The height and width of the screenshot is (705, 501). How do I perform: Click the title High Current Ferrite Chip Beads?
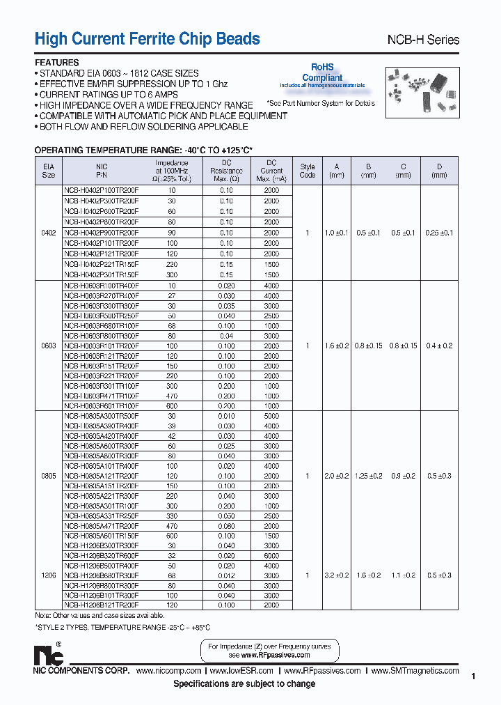(x=147, y=39)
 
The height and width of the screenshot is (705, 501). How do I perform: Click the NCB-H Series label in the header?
(x=422, y=40)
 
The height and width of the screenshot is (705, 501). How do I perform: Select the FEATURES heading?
(x=56, y=62)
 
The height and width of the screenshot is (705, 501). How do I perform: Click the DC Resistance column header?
(x=226, y=171)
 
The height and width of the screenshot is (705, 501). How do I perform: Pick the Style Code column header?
(x=307, y=171)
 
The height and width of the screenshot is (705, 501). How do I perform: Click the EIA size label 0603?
(x=49, y=346)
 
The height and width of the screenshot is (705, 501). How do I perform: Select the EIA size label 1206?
(x=49, y=575)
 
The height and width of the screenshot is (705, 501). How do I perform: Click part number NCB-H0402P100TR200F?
(x=102, y=189)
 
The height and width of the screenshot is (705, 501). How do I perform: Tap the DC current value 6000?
(x=271, y=555)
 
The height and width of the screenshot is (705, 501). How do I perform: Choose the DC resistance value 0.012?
(x=226, y=575)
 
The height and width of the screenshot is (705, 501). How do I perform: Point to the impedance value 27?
(x=171, y=296)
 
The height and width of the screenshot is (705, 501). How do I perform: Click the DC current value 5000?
(x=271, y=415)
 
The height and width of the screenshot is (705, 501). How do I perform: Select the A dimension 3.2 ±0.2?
(x=337, y=575)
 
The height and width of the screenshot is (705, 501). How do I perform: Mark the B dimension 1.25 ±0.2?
(x=369, y=476)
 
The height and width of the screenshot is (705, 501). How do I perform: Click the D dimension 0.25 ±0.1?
(x=438, y=233)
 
